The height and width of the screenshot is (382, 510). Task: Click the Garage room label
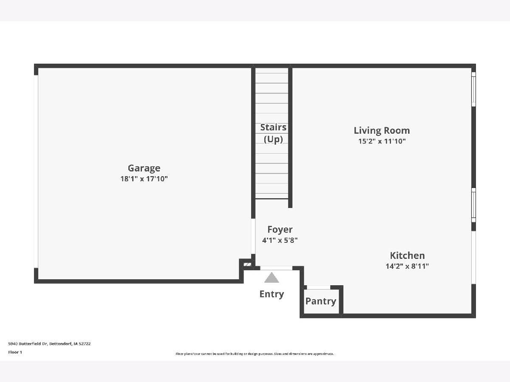click(x=144, y=168)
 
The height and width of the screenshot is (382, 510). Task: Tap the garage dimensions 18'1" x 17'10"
click(x=144, y=179)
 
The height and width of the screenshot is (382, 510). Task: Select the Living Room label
click(x=382, y=130)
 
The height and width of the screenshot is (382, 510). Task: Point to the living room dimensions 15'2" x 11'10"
click(x=382, y=141)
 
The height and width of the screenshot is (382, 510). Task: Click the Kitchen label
click(x=407, y=256)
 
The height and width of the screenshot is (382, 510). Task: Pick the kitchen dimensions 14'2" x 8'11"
click(x=407, y=266)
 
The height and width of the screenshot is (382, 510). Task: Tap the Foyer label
click(x=280, y=230)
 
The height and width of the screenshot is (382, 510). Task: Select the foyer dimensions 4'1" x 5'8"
click(x=280, y=240)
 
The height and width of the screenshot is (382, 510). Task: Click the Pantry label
click(x=321, y=301)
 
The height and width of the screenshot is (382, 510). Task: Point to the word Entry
click(x=272, y=294)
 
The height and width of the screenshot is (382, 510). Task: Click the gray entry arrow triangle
click(x=272, y=278)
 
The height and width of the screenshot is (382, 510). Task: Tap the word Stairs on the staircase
click(x=273, y=127)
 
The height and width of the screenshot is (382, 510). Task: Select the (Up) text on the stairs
click(x=273, y=139)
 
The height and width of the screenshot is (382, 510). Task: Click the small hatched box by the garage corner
click(x=247, y=264)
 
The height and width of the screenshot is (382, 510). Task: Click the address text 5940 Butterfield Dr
click(x=28, y=344)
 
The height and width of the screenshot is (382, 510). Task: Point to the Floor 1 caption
click(x=15, y=352)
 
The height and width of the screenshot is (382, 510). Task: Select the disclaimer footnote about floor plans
click(x=255, y=354)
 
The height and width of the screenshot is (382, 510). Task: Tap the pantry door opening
click(x=319, y=287)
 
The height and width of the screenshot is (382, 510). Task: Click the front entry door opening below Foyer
click(x=276, y=268)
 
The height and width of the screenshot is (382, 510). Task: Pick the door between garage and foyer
click(x=253, y=236)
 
